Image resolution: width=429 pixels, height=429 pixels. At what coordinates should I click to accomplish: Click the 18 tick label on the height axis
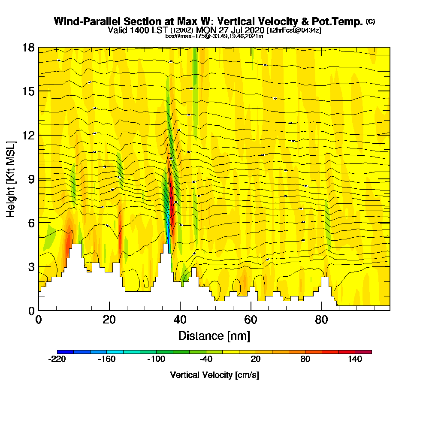tap(28, 47)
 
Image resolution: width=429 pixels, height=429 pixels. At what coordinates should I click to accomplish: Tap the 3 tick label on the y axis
tap(31, 267)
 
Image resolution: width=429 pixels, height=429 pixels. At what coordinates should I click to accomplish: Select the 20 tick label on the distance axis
tap(109, 320)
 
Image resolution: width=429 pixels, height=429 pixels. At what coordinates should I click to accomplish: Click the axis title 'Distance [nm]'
tap(214, 335)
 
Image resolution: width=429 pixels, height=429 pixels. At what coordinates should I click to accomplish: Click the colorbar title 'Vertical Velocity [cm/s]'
tap(214, 375)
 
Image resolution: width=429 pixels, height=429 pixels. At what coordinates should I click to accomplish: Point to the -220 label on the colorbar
tap(57, 360)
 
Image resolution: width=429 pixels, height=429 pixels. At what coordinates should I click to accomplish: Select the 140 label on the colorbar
tap(355, 360)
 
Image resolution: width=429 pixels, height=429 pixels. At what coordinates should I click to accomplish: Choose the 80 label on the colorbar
tap(305, 360)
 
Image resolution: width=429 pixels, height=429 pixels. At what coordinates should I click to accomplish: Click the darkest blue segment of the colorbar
tap(65, 352)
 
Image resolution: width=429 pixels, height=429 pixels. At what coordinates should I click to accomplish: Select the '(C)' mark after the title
tap(370, 21)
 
